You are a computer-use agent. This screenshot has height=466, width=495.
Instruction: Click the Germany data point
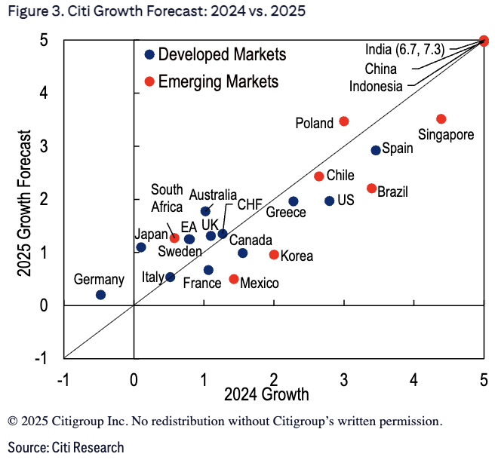[101, 295]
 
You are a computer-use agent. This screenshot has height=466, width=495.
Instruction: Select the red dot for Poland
[344, 121]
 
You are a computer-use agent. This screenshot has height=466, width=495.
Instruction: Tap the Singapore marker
[441, 119]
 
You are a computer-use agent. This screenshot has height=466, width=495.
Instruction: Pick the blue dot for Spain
[376, 150]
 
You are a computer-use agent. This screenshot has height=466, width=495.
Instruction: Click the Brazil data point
[371, 189]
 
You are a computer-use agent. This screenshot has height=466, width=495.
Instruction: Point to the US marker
[330, 201]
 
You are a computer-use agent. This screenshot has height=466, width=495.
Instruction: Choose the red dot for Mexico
[234, 279]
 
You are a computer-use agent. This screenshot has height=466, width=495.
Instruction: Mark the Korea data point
[274, 255]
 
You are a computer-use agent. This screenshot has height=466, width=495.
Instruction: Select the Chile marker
[319, 176]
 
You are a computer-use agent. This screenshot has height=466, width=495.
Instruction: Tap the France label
[203, 284]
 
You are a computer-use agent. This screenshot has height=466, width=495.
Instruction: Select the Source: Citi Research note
[66, 448]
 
